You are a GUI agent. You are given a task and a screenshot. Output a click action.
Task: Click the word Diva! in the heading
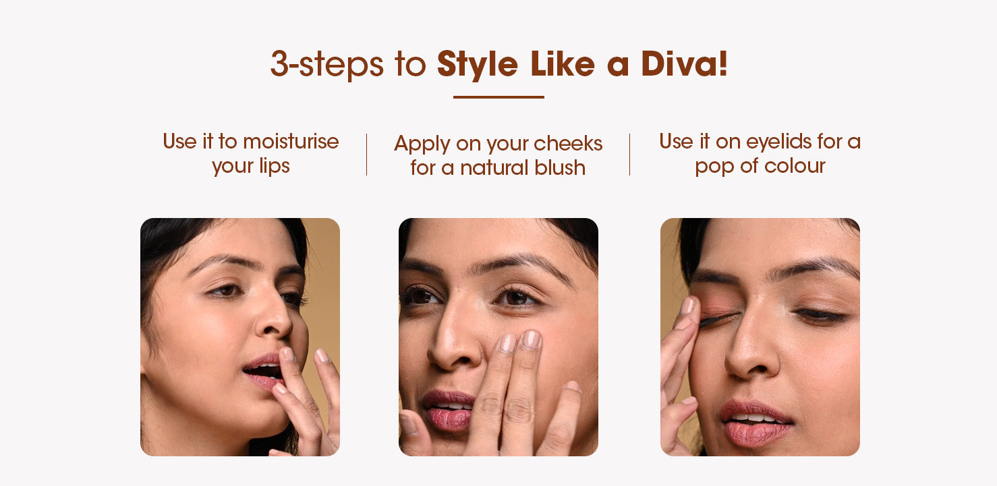pos(685,63)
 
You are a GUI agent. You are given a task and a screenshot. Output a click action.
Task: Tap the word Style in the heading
pos(477,65)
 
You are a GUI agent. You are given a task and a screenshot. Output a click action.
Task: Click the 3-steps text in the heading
pos(326,65)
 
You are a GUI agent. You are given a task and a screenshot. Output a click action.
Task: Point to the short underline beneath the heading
pos(499,97)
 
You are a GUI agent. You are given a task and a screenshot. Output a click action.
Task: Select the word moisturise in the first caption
pos(291,142)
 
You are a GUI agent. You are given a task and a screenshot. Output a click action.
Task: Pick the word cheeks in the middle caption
pos(568,144)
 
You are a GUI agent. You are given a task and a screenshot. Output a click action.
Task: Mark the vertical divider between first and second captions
pos(367,154)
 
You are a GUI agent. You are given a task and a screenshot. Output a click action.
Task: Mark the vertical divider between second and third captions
pos(630,154)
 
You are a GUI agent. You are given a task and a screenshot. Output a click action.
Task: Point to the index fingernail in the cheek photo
pos(531,340)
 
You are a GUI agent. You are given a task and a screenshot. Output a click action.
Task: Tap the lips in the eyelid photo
pos(755,423)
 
